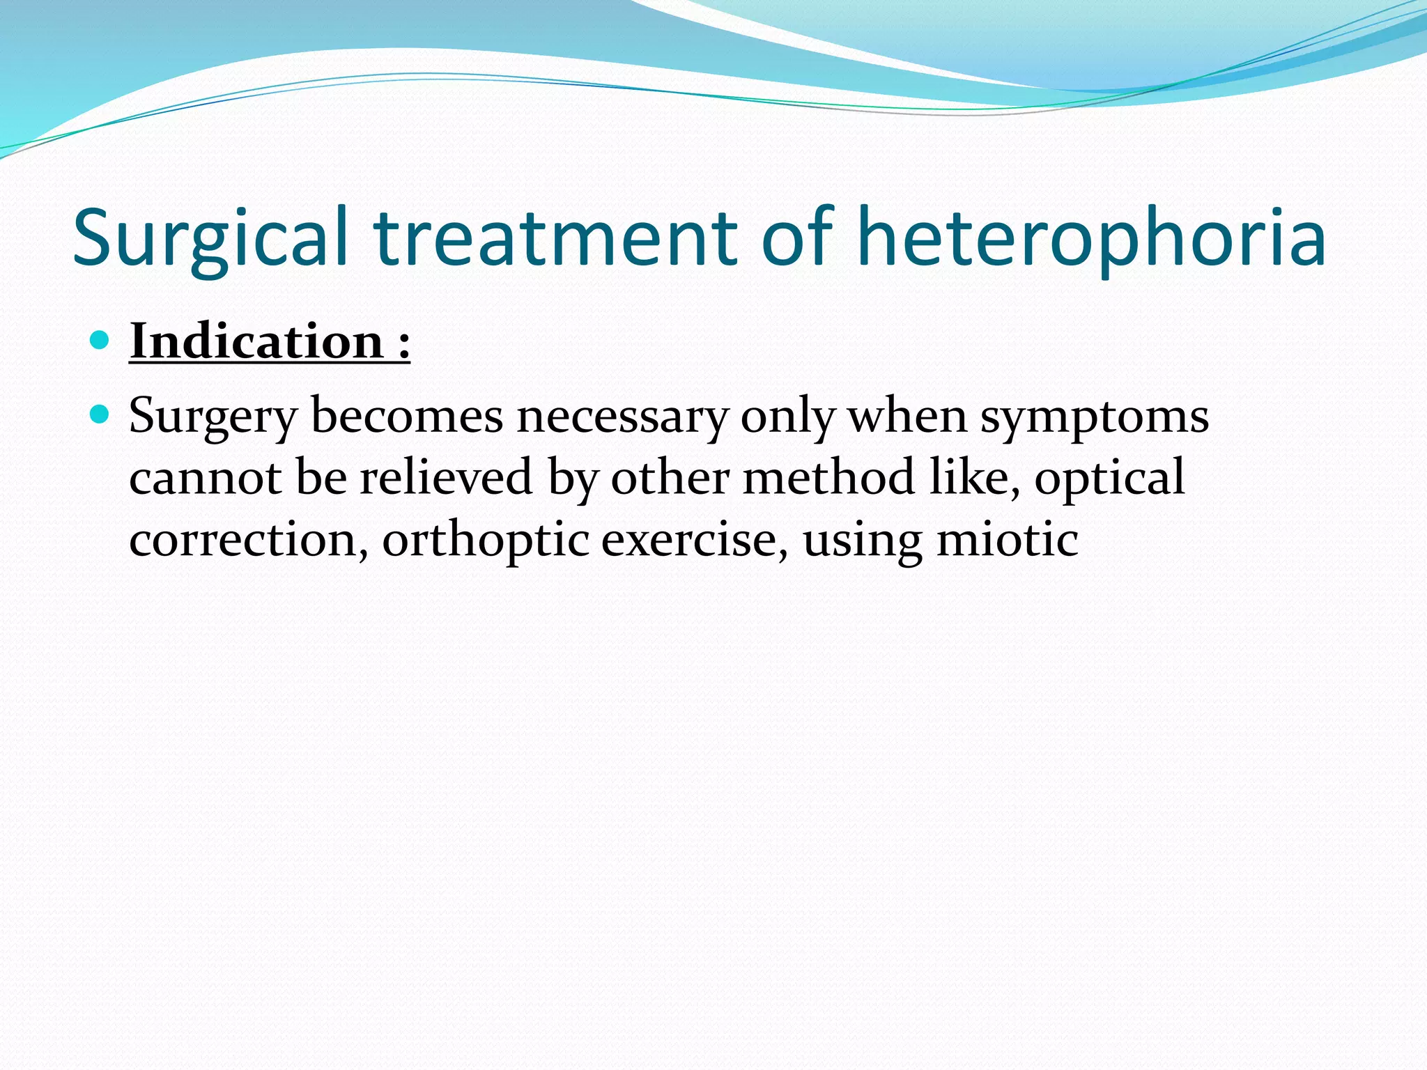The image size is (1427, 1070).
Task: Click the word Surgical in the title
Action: pos(209,238)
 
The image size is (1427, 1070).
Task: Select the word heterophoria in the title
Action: pos(1090,238)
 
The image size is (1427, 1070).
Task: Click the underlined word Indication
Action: pos(256,342)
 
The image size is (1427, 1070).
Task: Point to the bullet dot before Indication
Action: pos(100,340)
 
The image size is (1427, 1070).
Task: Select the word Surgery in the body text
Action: pos(213,417)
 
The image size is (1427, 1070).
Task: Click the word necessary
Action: pos(622,417)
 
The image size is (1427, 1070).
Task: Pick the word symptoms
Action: pos(1094,417)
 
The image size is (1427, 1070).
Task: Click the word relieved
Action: pos(446,478)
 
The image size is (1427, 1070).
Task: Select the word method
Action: pos(828,478)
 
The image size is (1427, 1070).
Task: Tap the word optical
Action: pos(1109,478)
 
